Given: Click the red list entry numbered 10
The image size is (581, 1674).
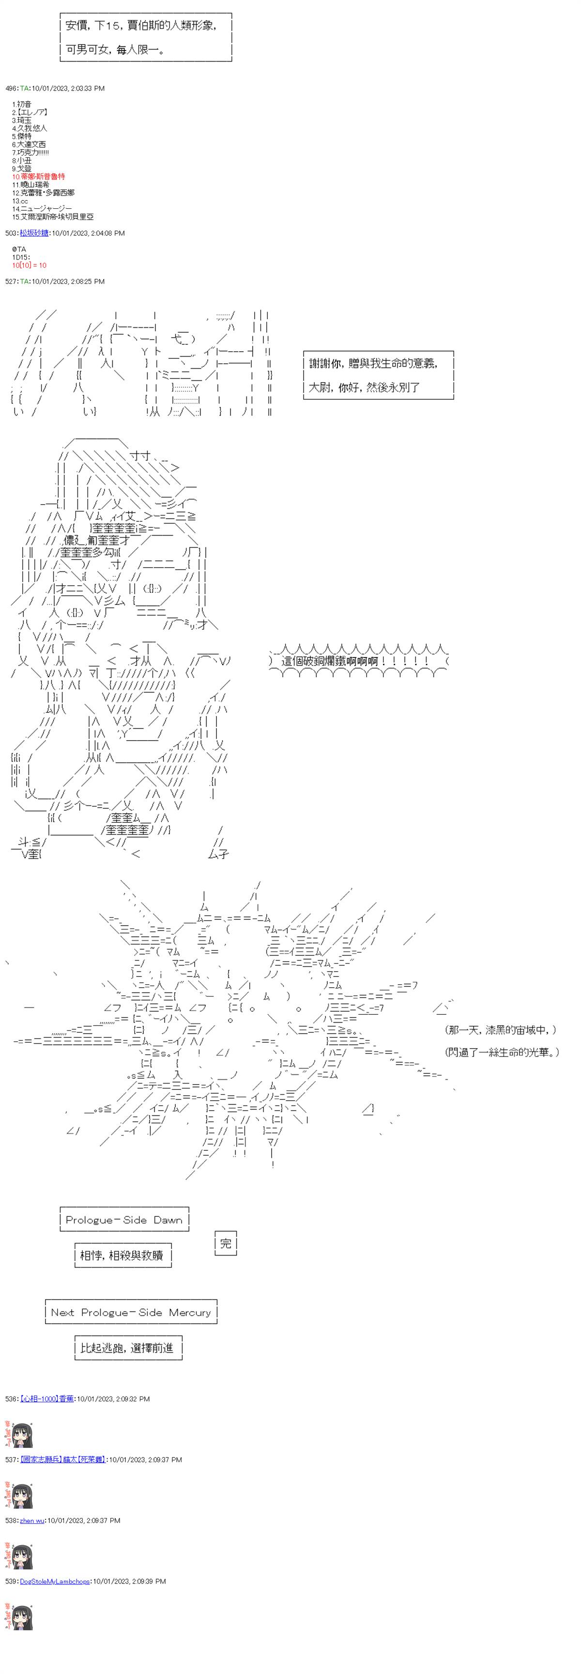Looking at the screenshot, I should pos(38,177).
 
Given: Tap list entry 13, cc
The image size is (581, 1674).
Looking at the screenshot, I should pos(20,201).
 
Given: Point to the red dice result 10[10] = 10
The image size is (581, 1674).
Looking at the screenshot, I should pos(29,265).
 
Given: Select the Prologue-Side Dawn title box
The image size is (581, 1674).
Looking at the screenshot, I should pos(123,1220).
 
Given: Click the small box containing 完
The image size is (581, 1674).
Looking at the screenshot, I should pos(226,1243).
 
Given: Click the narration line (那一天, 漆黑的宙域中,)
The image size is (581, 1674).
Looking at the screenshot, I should pos(501,1030).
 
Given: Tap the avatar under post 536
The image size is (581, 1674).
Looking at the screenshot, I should pos(19,1434).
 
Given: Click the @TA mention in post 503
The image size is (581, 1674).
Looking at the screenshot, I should pos(19,249).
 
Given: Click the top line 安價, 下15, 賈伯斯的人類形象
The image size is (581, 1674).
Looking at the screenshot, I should pos(141,25).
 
